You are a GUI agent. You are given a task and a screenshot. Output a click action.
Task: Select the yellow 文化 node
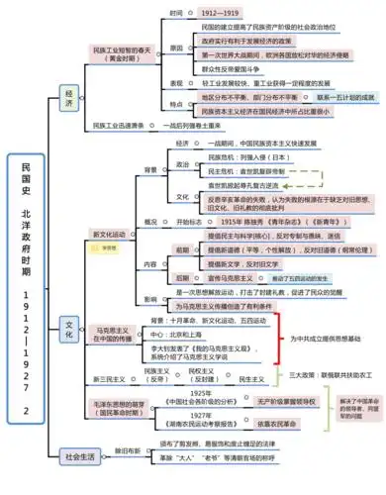[70, 324]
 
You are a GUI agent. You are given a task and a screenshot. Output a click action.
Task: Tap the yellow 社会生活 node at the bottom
[79, 457]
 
